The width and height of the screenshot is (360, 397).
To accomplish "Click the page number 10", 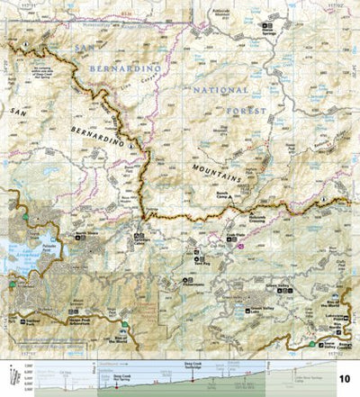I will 345,380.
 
